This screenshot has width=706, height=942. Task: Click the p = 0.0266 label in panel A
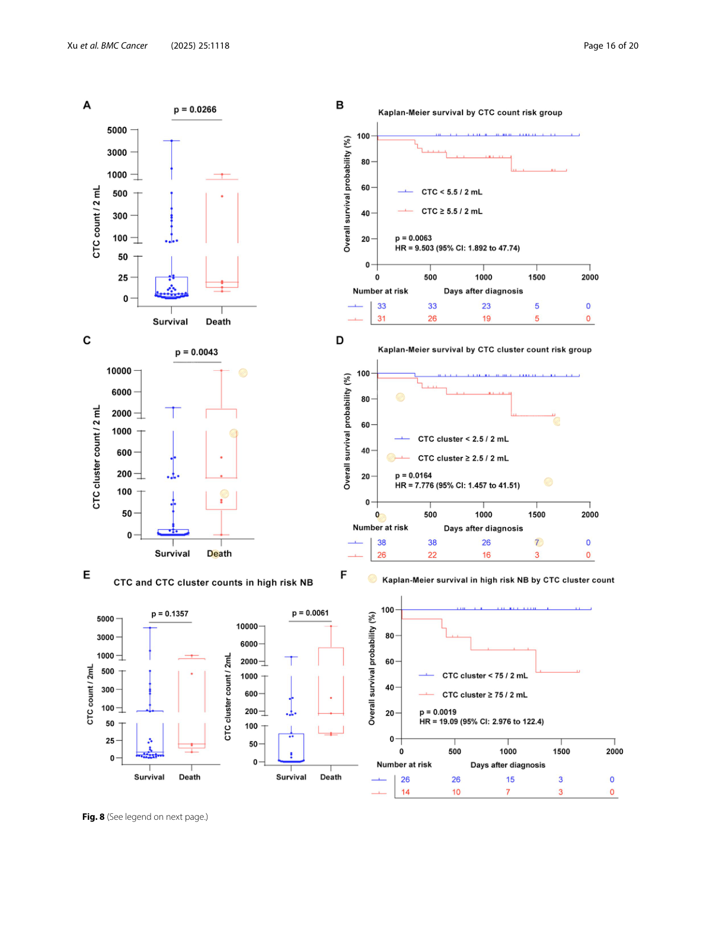[194, 110]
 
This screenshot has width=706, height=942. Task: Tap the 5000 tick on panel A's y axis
[117, 131]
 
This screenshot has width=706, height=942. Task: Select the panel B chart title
[470, 113]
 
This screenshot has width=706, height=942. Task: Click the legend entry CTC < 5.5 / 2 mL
[451, 192]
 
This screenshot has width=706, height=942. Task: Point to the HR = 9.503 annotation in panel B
[457, 249]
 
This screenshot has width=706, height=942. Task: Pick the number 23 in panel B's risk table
[486, 306]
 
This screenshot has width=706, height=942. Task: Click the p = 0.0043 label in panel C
[196, 352]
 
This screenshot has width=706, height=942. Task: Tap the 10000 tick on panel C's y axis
[119, 371]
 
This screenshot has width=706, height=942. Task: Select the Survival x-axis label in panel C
[172, 553]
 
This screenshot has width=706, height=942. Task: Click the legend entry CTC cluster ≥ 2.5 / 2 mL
[462, 459]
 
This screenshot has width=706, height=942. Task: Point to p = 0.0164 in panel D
[413, 476]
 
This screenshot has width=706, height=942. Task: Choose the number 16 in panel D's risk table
[486, 555]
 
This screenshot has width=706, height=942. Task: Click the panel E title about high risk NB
[213, 583]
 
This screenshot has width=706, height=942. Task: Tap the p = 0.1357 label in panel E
[170, 614]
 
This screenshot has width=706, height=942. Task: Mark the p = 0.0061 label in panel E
[310, 613]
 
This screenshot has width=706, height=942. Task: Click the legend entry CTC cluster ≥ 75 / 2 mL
[484, 695]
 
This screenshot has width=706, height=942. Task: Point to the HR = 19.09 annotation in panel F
[481, 722]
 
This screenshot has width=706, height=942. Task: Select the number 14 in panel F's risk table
[405, 793]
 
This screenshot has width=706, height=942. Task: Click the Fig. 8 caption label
[93, 817]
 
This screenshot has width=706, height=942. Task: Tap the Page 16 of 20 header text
[611, 46]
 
